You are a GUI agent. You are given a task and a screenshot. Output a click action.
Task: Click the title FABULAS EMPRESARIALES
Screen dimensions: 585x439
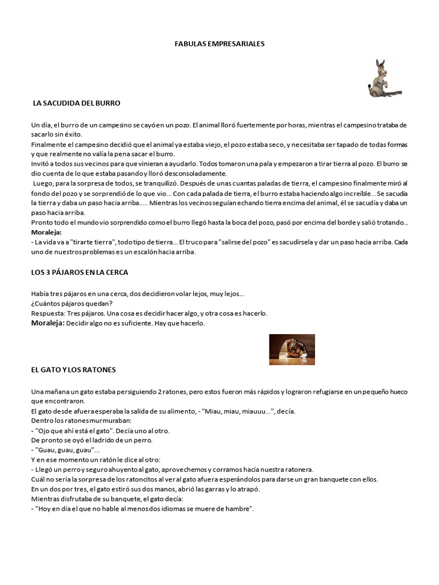click(219, 43)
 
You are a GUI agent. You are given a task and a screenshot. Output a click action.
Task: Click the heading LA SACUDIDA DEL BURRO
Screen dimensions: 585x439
click(77, 103)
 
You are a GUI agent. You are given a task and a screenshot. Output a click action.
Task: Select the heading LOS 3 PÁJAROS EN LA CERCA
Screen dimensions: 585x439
click(79, 272)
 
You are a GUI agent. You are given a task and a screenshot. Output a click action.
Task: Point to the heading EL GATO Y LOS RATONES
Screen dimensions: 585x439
click(74, 370)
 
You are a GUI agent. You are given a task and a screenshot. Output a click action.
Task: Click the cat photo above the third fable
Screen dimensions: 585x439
click(292, 349)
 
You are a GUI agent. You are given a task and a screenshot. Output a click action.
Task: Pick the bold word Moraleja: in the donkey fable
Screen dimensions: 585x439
click(46, 233)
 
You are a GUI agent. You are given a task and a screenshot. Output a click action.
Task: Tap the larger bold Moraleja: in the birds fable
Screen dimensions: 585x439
click(48, 323)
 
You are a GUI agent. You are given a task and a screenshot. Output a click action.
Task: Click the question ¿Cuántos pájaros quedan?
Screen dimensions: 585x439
click(72, 303)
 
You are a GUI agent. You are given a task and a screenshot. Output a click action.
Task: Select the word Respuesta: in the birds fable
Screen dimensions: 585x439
click(48, 313)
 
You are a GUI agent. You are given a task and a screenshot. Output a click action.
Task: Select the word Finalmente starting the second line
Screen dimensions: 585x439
click(50, 145)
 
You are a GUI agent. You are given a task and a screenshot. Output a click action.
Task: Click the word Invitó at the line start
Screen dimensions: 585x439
click(41, 164)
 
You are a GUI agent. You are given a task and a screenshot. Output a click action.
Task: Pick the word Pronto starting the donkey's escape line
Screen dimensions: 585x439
click(42, 222)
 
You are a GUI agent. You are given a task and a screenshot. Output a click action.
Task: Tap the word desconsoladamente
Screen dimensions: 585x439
click(195, 174)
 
